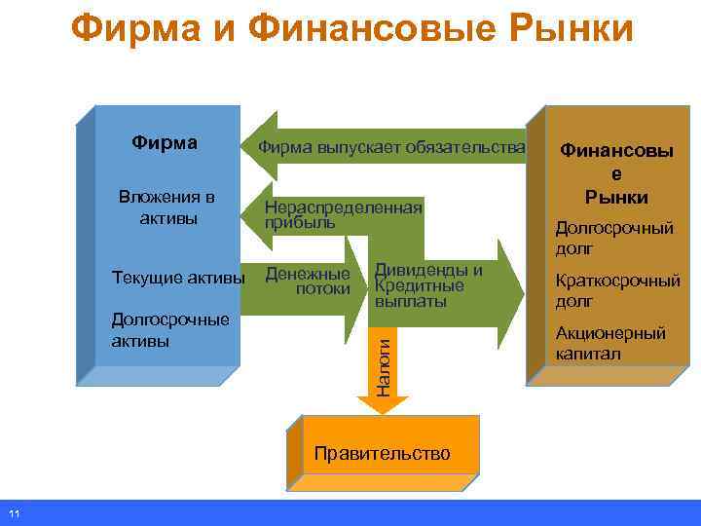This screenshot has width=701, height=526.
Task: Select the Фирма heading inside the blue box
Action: point(165,143)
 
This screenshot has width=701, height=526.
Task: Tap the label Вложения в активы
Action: point(166,207)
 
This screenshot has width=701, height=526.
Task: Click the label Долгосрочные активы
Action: point(170,330)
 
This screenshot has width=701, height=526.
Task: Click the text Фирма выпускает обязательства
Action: point(391,147)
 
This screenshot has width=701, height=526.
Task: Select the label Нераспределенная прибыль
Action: point(344,214)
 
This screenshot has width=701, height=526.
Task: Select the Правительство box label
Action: point(383,453)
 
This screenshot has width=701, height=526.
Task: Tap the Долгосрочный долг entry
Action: point(613,239)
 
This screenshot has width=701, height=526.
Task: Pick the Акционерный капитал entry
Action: point(610,344)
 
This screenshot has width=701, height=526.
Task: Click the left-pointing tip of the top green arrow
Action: point(246,146)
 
